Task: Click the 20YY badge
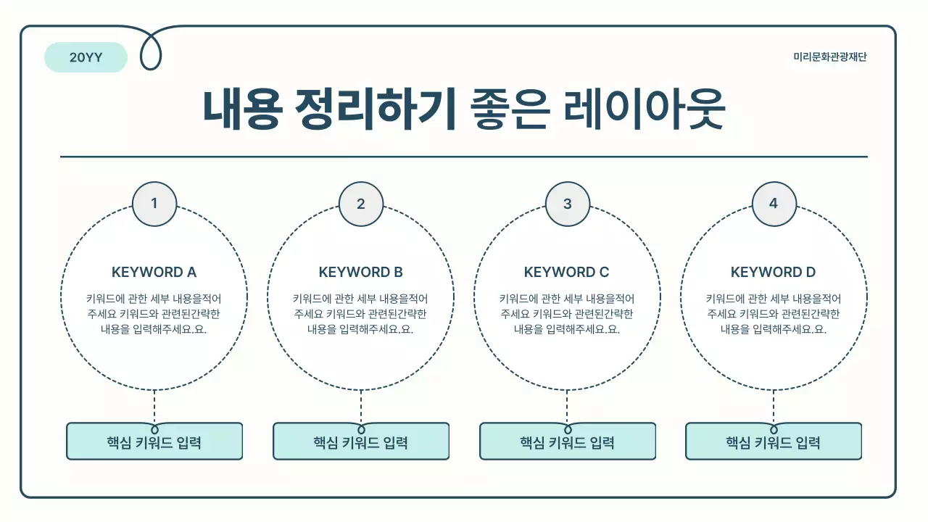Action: point(86,58)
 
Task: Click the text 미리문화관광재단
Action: point(830,57)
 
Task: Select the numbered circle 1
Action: point(154,204)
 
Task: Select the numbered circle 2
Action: point(361,204)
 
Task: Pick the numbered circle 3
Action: point(568,204)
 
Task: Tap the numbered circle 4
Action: point(774,204)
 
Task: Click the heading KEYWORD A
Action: point(154,273)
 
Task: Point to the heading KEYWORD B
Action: point(360,273)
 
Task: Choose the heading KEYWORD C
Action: point(567,273)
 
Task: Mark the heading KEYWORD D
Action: point(773,273)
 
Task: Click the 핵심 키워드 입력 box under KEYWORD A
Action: point(154,442)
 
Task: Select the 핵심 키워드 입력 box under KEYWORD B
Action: point(361,442)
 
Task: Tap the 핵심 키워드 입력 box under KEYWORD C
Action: point(568,442)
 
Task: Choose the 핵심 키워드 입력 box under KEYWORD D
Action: point(774,442)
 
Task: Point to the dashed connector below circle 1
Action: point(154,406)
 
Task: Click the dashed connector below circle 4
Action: point(774,406)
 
